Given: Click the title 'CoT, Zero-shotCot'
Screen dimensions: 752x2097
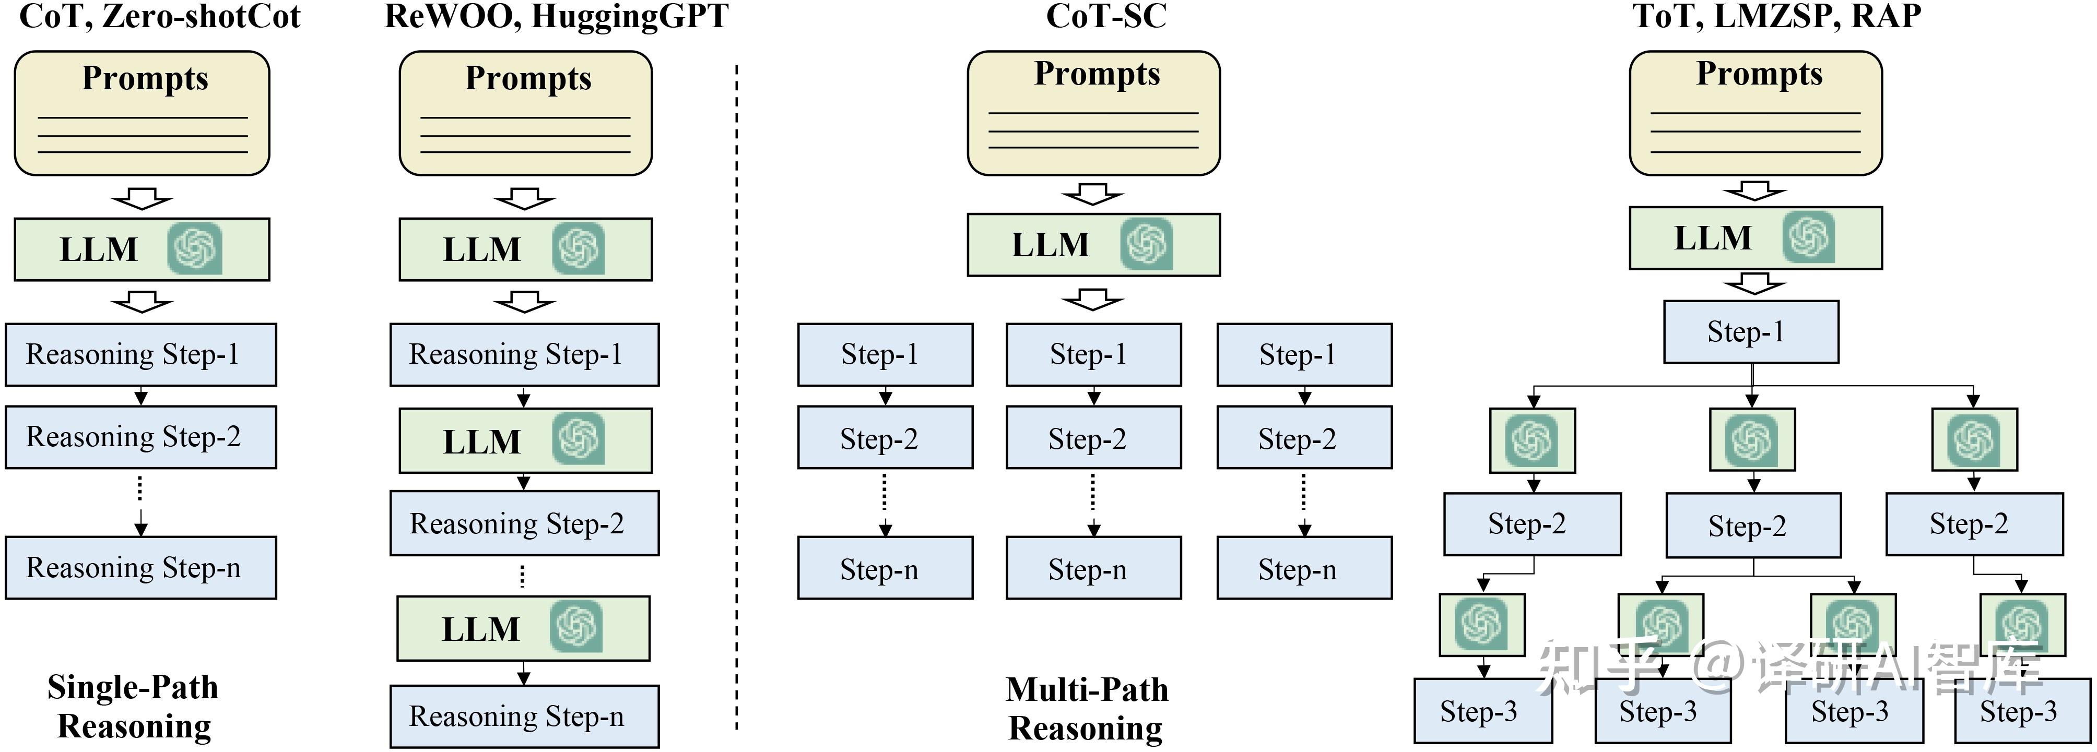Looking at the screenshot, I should coord(160,16).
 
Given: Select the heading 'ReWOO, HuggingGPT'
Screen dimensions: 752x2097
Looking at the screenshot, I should coord(556,16).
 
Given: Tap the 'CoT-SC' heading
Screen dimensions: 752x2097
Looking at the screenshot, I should coord(1105,16).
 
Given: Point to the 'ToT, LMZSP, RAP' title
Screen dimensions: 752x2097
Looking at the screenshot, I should coord(1776,16).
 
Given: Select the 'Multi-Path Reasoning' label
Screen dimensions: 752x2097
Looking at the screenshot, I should coord(1086,708).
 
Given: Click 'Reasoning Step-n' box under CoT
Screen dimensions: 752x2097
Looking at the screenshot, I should coord(141,567).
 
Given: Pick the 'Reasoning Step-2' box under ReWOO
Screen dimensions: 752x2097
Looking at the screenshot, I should coord(524,523).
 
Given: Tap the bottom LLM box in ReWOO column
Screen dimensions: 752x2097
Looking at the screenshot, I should coord(523,628).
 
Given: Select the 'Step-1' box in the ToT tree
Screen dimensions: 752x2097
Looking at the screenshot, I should coord(1751,332).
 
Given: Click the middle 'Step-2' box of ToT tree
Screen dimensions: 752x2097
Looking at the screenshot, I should coord(1753,526).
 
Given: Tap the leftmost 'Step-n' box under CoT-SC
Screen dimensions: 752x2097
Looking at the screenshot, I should coord(885,568).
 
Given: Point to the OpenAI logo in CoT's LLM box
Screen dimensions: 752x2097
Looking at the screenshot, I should coord(195,249).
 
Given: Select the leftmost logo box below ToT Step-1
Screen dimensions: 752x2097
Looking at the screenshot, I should coord(1533,440).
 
